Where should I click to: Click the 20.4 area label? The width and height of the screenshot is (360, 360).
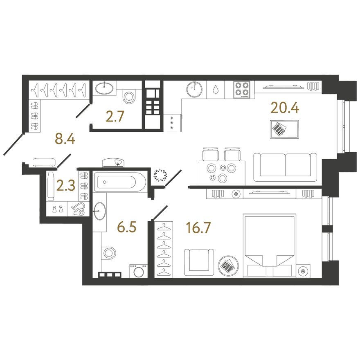click(x=285, y=108)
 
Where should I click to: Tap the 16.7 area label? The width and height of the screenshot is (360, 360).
click(x=198, y=228)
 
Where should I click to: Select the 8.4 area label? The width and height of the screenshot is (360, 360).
click(x=65, y=139)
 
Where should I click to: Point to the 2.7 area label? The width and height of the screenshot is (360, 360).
click(x=115, y=116)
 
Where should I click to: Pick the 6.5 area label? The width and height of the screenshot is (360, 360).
click(x=126, y=227)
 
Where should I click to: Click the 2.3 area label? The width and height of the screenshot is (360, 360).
click(x=66, y=186)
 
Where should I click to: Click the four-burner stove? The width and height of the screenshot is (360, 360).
click(x=241, y=90)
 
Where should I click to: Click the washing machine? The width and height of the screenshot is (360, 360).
click(x=138, y=271)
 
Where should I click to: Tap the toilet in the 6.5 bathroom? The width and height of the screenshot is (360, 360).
click(x=108, y=253)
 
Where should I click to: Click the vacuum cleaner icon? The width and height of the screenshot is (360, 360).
click(x=79, y=209)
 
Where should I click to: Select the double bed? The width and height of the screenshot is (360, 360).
click(x=270, y=246)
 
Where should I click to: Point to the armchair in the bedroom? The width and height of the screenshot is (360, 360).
click(x=199, y=262)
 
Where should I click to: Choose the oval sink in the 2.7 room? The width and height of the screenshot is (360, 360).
click(x=104, y=88)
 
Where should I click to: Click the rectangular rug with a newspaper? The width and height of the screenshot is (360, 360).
click(x=284, y=129)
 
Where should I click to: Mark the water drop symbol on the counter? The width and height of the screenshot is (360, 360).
click(x=216, y=89)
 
